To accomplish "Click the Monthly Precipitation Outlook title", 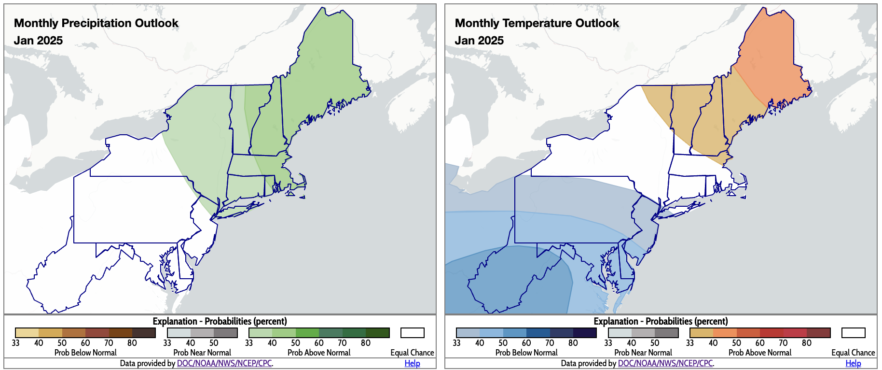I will [x=96, y=23].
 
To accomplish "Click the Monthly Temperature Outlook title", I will [x=537, y=23].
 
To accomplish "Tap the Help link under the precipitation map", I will [x=412, y=363].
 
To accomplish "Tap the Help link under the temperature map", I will [x=853, y=363].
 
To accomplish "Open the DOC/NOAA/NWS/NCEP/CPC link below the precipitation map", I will [x=224, y=363].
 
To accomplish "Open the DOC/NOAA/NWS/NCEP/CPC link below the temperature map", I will [x=665, y=363].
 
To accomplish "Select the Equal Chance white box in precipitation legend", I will [x=412, y=333].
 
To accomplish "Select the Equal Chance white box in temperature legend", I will [x=853, y=333].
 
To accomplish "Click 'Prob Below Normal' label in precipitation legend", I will [x=85, y=353].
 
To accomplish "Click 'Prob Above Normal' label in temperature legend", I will [x=759, y=353].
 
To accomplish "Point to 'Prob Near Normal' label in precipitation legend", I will [x=202, y=353].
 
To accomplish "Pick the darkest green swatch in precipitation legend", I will [x=377, y=333].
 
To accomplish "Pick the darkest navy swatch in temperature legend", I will [x=585, y=333].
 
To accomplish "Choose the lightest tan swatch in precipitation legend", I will [x=27, y=333].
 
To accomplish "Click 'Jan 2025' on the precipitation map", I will [x=38, y=41].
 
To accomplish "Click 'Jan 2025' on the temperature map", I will [x=479, y=41].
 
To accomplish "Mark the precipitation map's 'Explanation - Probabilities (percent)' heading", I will [x=220, y=321].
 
